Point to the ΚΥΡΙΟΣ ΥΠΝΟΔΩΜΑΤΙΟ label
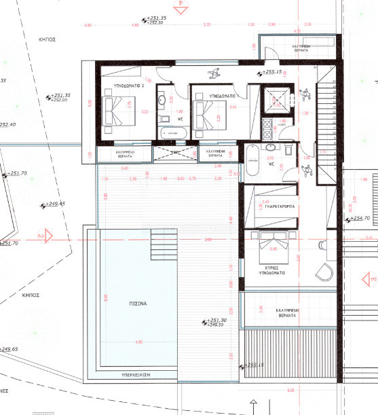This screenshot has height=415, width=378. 270,272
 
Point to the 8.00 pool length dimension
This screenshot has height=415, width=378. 106,297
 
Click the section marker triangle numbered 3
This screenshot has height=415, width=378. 372,278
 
